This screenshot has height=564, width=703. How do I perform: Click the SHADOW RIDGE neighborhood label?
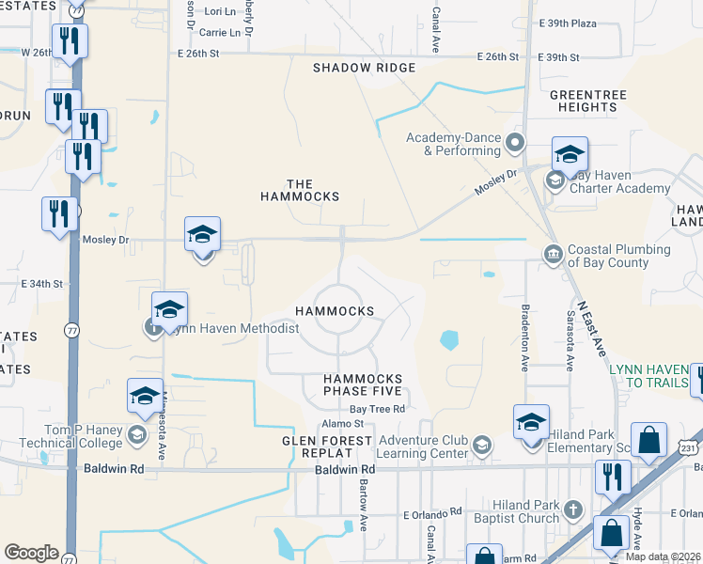tap(364, 68)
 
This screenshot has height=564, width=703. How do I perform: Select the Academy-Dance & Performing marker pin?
tap(514, 143)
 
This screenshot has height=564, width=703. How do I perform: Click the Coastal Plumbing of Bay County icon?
tap(553, 253)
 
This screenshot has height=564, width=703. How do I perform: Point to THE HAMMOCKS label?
tap(299, 190)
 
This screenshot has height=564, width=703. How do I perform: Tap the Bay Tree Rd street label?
tap(377, 409)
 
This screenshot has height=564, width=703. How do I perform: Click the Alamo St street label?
tap(349, 425)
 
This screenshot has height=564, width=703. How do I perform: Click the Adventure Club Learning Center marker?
tap(482, 445)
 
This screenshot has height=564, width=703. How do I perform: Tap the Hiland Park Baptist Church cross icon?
tap(573, 510)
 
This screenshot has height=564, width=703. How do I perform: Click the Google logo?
tap(31, 553)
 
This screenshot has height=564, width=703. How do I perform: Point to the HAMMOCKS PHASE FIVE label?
tap(363, 384)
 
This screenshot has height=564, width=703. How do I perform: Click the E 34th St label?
tap(42, 283)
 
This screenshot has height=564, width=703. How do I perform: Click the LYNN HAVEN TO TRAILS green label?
tap(650, 376)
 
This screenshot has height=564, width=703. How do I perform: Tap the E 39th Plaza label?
tap(568, 23)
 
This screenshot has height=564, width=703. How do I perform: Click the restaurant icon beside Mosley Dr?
tap(58, 212)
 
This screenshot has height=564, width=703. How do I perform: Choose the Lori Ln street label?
tap(219, 11)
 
